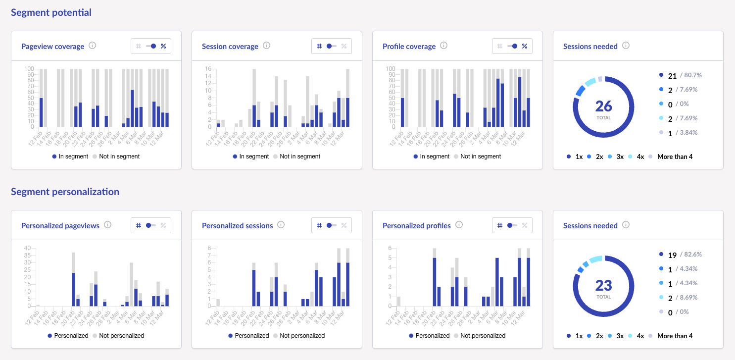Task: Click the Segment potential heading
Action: [51, 12]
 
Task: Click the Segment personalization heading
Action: [65, 192]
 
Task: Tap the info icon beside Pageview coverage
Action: [92, 46]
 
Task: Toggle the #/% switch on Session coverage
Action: [331, 46]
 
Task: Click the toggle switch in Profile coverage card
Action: [512, 46]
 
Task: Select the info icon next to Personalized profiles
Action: [459, 225]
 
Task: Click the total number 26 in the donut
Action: [603, 106]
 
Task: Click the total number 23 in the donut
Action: [603, 285]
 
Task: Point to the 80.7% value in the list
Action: [691, 75]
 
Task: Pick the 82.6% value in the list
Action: [691, 255]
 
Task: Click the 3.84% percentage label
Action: [691, 133]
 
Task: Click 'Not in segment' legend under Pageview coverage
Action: [119, 156]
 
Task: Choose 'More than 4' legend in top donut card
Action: [675, 156]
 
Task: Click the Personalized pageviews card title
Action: [60, 226]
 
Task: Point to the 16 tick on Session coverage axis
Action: [208, 69]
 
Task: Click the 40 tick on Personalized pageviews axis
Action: [27, 248]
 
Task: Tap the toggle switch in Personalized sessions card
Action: [331, 225]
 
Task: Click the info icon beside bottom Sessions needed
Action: [626, 225]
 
